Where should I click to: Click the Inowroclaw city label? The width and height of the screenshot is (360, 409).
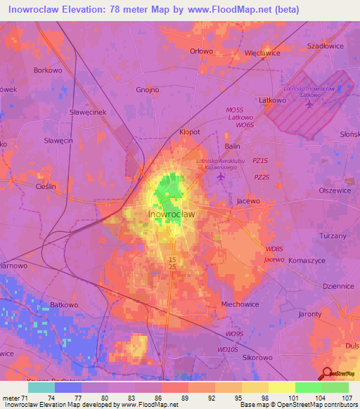tap(172, 214)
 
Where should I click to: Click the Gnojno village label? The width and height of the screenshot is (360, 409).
tap(148, 90)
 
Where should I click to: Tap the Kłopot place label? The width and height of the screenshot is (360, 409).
tap(190, 131)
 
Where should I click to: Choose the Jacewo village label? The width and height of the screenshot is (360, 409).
tap(248, 201)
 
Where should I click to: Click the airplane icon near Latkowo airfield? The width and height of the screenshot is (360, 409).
tap(310, 105)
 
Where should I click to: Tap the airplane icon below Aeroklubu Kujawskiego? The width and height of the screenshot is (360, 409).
tap(221, 176)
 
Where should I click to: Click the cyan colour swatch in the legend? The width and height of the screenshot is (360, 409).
tap(41, 387)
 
